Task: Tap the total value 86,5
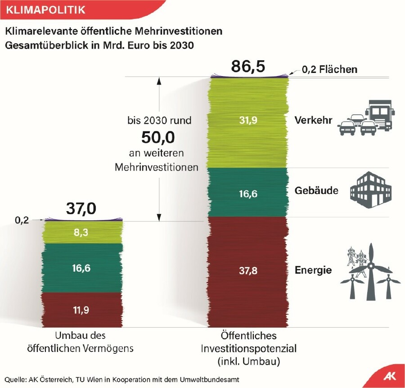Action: tap(248, 67)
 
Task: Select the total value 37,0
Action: tap(81, 208)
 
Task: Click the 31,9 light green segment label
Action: tap(248, 120)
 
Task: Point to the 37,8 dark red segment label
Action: tap(248, 271)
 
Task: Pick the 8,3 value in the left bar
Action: tap(81, 232)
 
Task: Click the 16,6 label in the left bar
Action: tap(81, 268)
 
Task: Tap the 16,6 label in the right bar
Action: tap(248, 194)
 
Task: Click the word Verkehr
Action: tap(313, 120)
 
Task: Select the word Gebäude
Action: tap(316, 191)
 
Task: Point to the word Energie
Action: tap(313, 271)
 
